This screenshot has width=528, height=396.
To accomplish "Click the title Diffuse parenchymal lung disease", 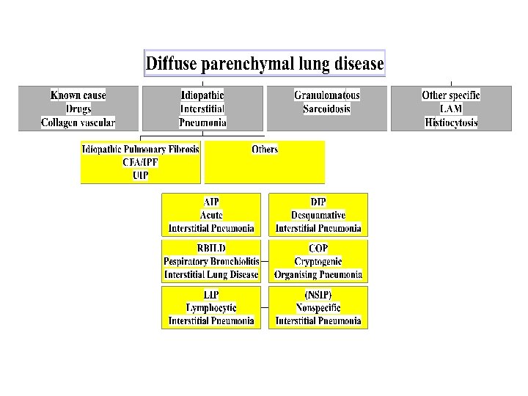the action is [x=264, y=63].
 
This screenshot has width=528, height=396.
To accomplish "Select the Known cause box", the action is [x=78, y=109].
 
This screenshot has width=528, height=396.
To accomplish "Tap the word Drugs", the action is [x=78, y=109].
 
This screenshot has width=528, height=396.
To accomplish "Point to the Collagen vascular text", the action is [x=78, y=122].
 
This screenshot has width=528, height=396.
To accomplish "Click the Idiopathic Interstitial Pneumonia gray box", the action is [x=202, y=109].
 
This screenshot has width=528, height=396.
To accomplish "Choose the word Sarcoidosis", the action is [x=326, y=109].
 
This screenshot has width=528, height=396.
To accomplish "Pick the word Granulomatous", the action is [x=326, y=95].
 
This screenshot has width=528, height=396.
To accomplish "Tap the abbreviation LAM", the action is [x=450, y=109].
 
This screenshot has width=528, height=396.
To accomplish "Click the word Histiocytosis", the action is [x=450, y=122].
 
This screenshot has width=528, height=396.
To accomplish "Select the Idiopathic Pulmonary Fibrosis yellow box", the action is [x=140, y=162].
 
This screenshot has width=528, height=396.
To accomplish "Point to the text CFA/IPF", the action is [x=140, y=162].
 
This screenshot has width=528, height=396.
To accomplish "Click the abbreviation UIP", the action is [x=140, y=175].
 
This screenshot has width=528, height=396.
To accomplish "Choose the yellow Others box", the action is [x=265, y=162].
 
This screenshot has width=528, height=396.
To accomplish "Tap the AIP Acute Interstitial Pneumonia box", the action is [x=211, y=215].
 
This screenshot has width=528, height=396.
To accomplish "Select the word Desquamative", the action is [x=318, y=215].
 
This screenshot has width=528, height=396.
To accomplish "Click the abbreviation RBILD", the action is [x=211, y=248].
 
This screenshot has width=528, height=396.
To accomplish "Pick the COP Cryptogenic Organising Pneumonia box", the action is [x=318, y=261].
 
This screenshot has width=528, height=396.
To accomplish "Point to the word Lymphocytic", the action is [x=211, y=307].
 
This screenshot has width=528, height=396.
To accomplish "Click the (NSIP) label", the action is [x=318, y=294].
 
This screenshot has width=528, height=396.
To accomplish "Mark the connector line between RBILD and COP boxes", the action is [x=265, y=261].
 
